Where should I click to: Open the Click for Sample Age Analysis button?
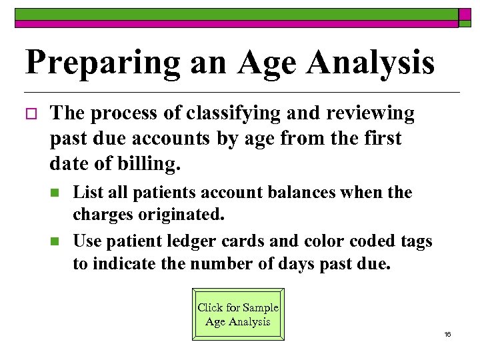click(x=238, y=315)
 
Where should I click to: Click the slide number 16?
click(x=447, y=334)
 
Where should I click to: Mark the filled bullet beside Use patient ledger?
click(x=55, y=241)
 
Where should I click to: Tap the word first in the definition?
click(x=377, y=139)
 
